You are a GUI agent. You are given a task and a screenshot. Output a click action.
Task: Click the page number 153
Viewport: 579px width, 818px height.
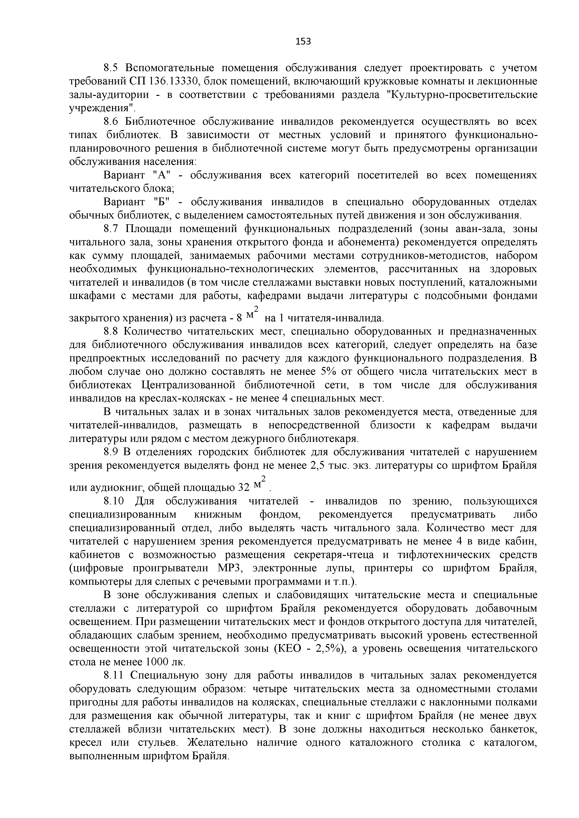[x=303, y=42]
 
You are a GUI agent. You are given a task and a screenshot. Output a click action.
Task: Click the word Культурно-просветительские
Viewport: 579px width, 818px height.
[x=461, y=95]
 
